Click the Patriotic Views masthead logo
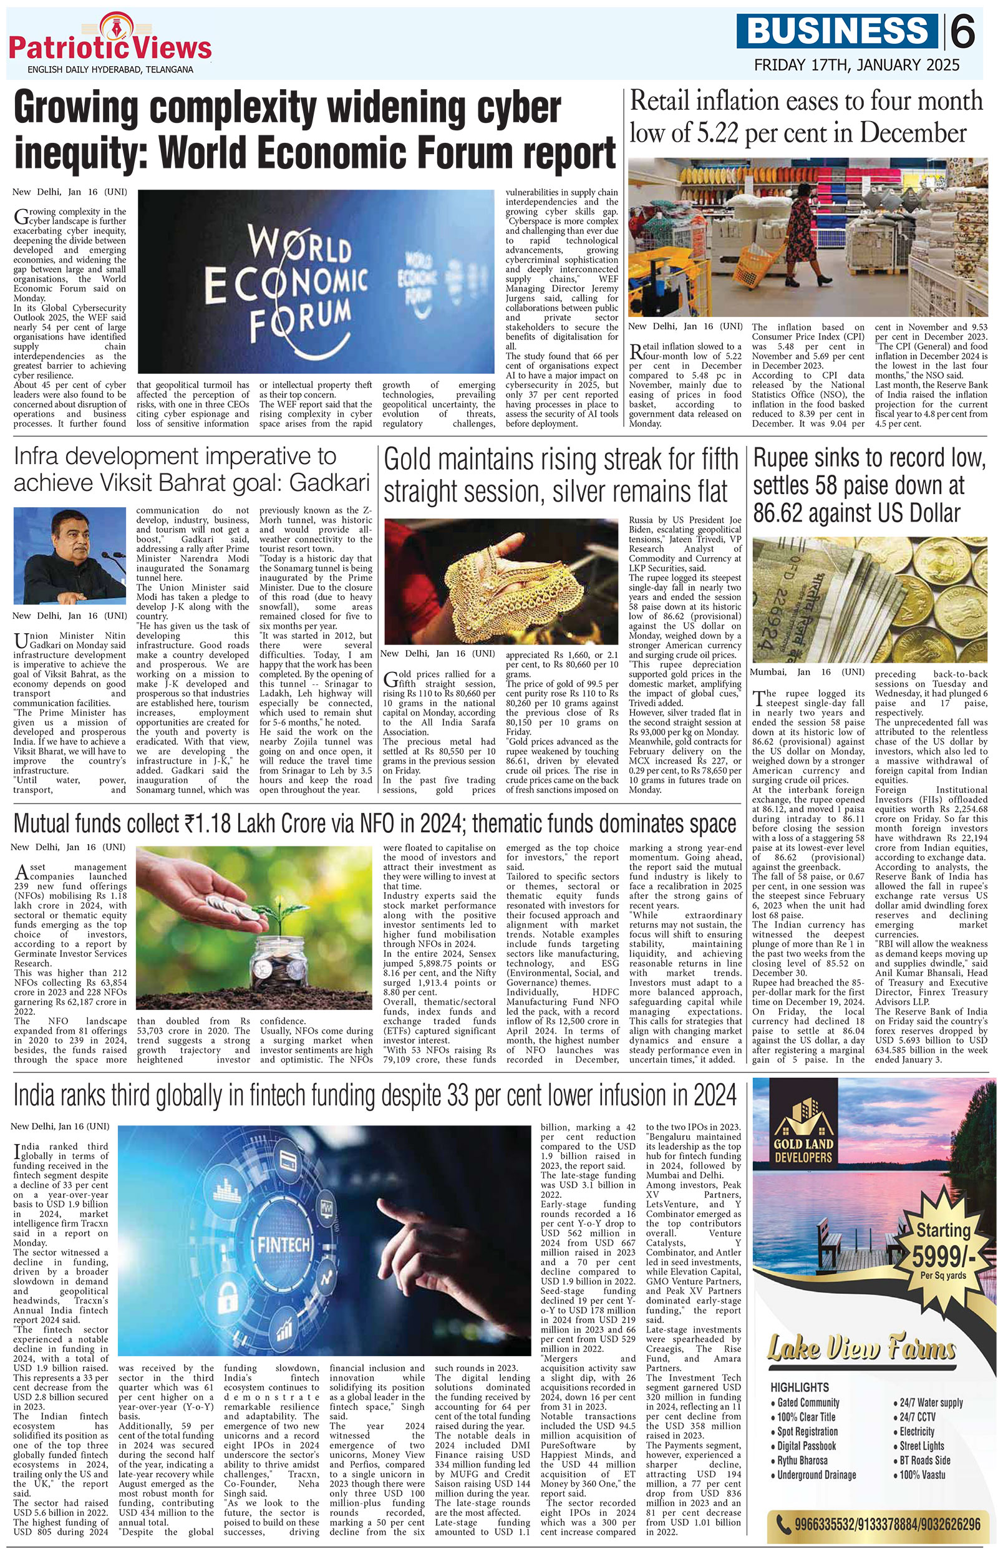pos(110,43)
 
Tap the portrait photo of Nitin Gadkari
pos(69,555)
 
